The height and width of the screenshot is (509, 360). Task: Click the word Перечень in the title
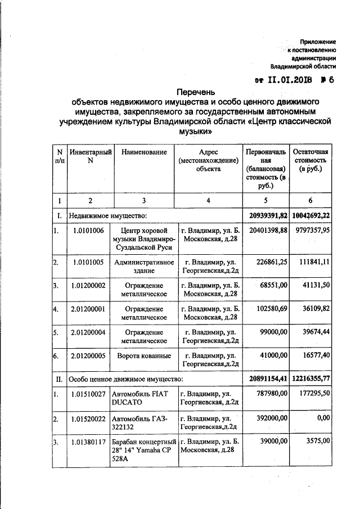196,92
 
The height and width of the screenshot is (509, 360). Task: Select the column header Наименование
144,152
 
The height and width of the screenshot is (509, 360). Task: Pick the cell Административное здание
144,267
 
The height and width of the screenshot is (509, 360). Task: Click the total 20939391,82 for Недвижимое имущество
268,215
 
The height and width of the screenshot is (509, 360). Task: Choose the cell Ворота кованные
144,356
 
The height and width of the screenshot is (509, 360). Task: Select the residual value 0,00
321,419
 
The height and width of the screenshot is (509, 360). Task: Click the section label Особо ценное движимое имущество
125,380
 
